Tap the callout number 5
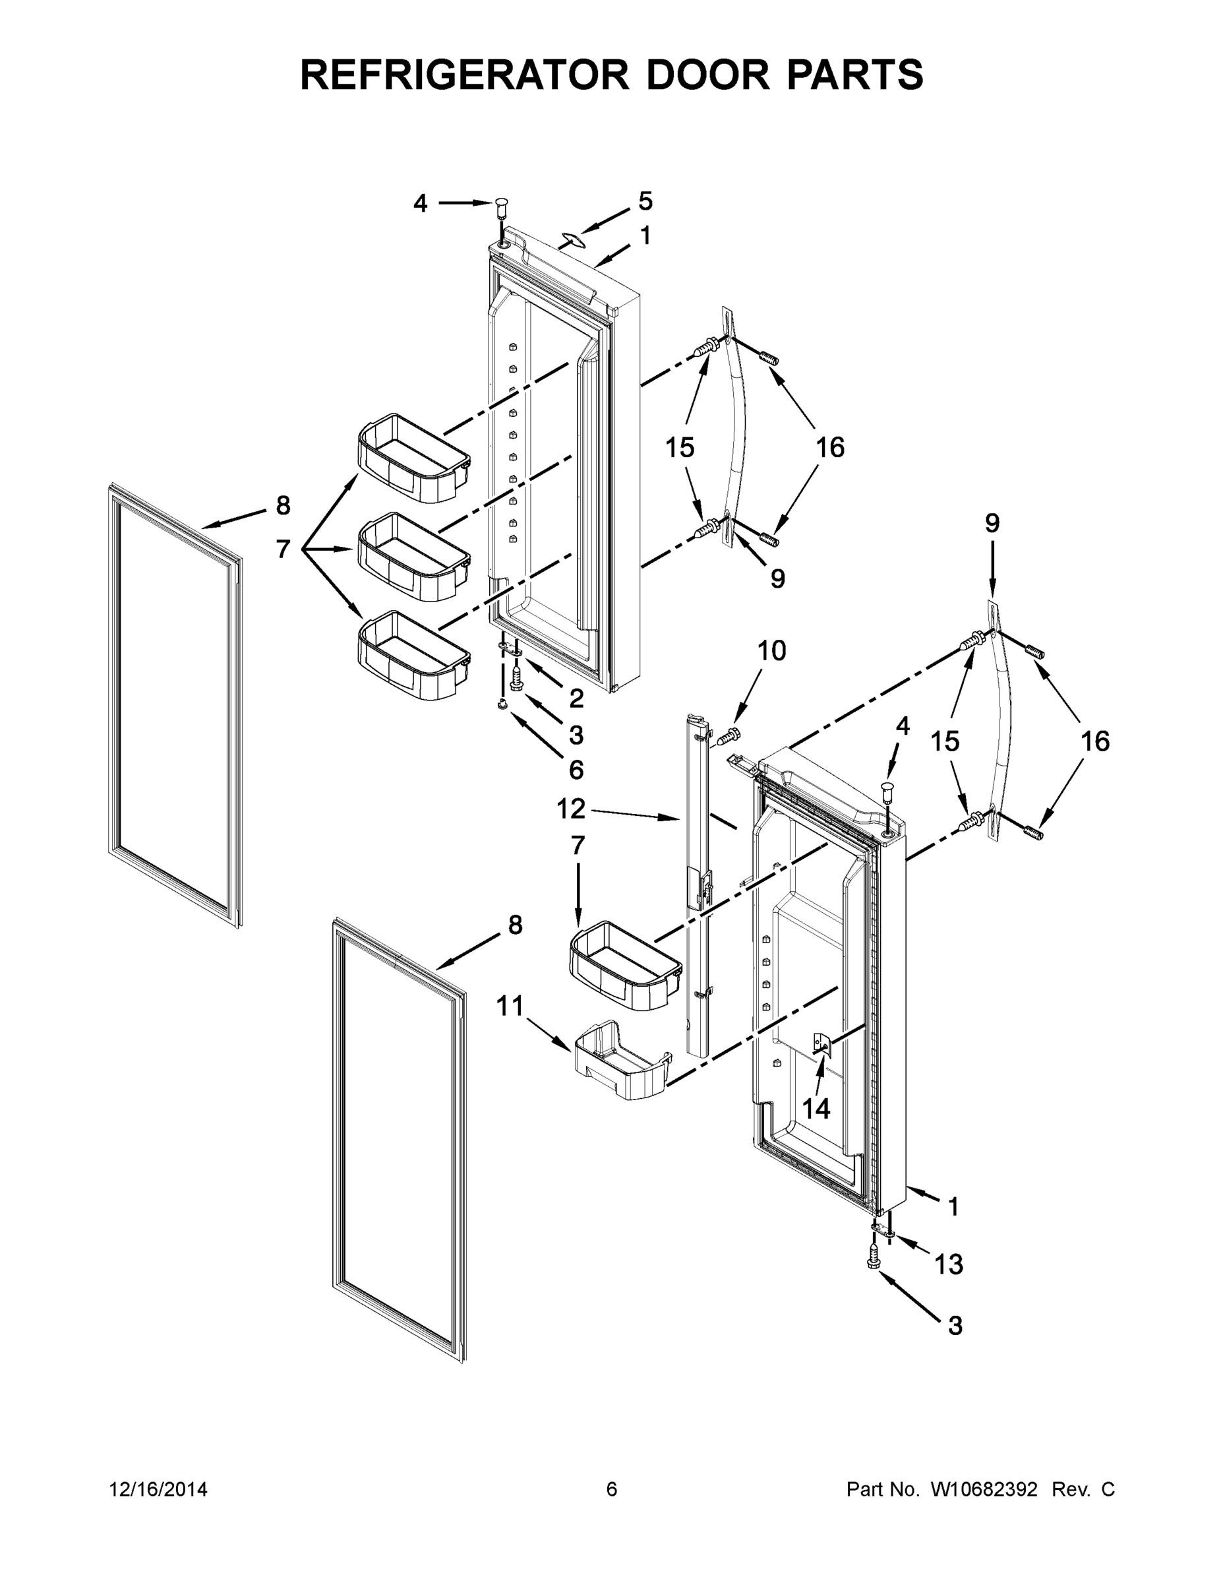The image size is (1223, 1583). point(645,201)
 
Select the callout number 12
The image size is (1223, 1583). point(570,808)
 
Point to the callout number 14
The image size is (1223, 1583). point(816,1107)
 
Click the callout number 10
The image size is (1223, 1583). point(771,651)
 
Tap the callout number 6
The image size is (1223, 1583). point(576,769)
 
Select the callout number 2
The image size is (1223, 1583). point(576,698)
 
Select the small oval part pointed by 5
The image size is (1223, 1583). point(572,239)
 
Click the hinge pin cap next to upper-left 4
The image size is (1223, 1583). point(500,208)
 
